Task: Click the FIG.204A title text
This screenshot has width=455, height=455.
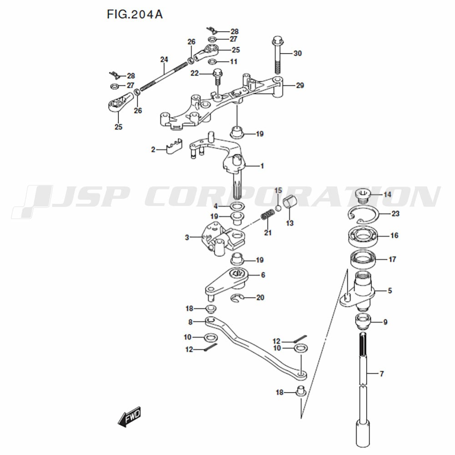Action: (135, 14)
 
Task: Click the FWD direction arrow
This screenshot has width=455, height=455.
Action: (129, 417)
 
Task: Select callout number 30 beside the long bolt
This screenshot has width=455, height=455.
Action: (298, 53)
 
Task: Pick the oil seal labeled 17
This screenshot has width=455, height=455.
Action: (363, 259)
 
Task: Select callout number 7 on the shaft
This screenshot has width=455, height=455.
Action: (382, 374)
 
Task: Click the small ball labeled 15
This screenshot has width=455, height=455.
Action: (278, 208)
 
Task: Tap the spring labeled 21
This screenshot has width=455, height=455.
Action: (267, 216)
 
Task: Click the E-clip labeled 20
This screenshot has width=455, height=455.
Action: (238, 298)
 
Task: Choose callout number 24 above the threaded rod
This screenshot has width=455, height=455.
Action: (164, 60)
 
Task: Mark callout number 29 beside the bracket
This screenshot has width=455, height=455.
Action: (300, 86)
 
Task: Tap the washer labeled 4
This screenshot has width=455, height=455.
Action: (238, 207)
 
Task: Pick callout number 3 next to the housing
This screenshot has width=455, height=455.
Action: (187, 238)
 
